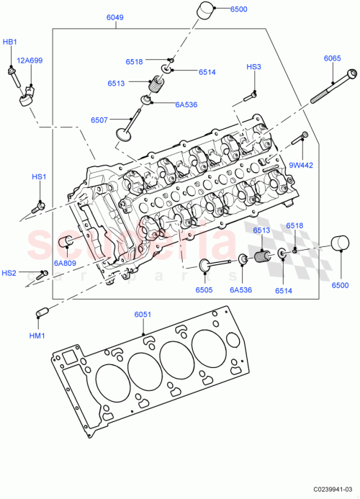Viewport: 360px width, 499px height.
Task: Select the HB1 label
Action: pyautogui.click(x=10, y=42)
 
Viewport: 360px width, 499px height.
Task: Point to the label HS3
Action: pyautogui.click(x=253, y=67)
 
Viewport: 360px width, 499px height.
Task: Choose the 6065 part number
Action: pyautogui.click(x=332, y=58)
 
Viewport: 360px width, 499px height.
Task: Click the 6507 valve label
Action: pyautogui.click(x=99, y=120)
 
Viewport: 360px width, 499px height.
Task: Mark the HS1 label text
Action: pyautogui.click(x=38, y=176)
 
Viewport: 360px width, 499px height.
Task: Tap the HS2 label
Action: pyautogui.click(x=9, y=273)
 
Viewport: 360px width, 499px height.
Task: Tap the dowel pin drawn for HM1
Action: pyautogui.click(x=41, y=312)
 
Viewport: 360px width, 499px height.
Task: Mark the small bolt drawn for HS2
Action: pyautogui.click(x=43, y=273)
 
